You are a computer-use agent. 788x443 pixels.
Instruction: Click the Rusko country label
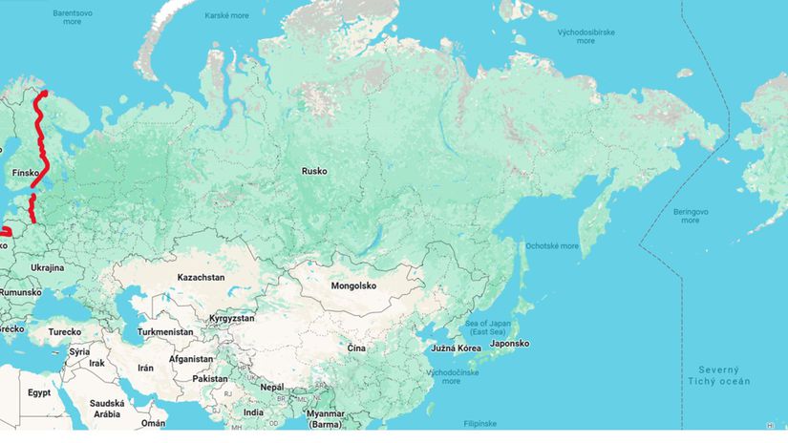[x=314, y=171]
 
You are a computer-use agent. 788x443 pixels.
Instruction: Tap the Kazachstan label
[x=201, y=277]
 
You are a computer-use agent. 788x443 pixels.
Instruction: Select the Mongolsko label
[x=353, y=285]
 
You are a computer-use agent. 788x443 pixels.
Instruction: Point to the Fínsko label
[x=25, y=173]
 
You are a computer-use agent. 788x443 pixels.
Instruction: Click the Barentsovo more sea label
[x=73, y=16]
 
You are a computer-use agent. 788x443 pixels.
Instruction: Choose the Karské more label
[x=227, y=16]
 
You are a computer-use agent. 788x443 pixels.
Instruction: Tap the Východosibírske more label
[x=586, y=36]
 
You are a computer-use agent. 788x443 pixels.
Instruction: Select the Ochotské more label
[x=552, y=245]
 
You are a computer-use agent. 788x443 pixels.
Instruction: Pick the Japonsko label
[x=509, y=344]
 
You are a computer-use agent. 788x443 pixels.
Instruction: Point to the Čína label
[x=356, y=348]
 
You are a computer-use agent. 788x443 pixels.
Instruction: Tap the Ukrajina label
[x=47, y=267]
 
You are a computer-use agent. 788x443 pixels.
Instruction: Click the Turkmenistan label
[x=165, y=332]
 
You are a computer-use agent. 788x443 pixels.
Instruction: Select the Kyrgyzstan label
[x=232, y=316]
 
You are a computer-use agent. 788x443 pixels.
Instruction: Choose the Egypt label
[x=39, y=392]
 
